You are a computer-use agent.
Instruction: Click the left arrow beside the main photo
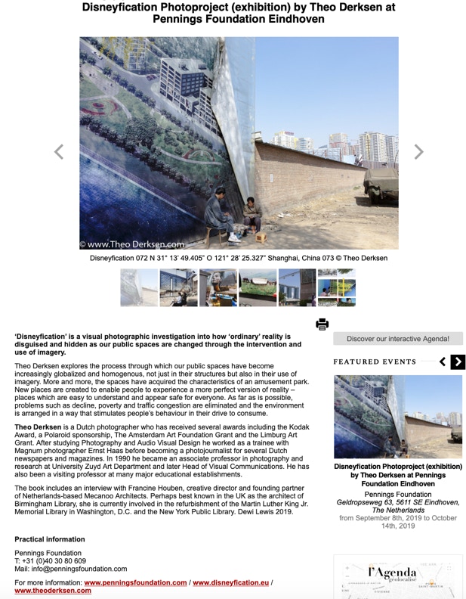59,152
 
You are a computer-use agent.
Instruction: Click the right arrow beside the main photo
418,152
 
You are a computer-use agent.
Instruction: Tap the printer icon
322,324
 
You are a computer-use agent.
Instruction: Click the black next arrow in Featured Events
458,362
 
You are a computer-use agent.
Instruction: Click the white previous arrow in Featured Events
443,362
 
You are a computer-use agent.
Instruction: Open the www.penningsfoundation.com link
135,582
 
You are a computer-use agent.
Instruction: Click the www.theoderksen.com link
53,591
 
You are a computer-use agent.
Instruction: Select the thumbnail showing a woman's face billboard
218,287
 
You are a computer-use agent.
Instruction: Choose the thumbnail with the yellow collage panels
337,287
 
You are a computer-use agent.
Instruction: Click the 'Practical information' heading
50,539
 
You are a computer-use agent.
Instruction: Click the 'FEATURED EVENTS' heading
375,362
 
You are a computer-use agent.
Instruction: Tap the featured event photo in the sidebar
398,417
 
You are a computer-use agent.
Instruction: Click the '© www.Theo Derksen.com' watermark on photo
132,244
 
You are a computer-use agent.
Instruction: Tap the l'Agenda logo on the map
392,573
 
